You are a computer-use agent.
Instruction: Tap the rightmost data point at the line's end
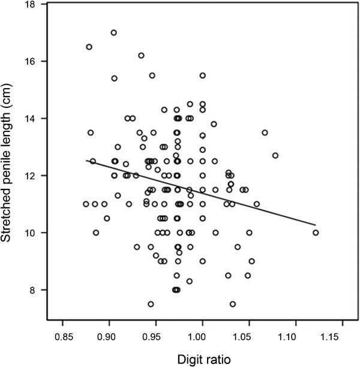tap(316, 233)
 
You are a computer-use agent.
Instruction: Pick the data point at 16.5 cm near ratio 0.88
tap(89, 47)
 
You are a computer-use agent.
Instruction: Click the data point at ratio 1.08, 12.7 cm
tap(275, 155)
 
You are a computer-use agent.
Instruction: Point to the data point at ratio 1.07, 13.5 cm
tap(265, 133)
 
